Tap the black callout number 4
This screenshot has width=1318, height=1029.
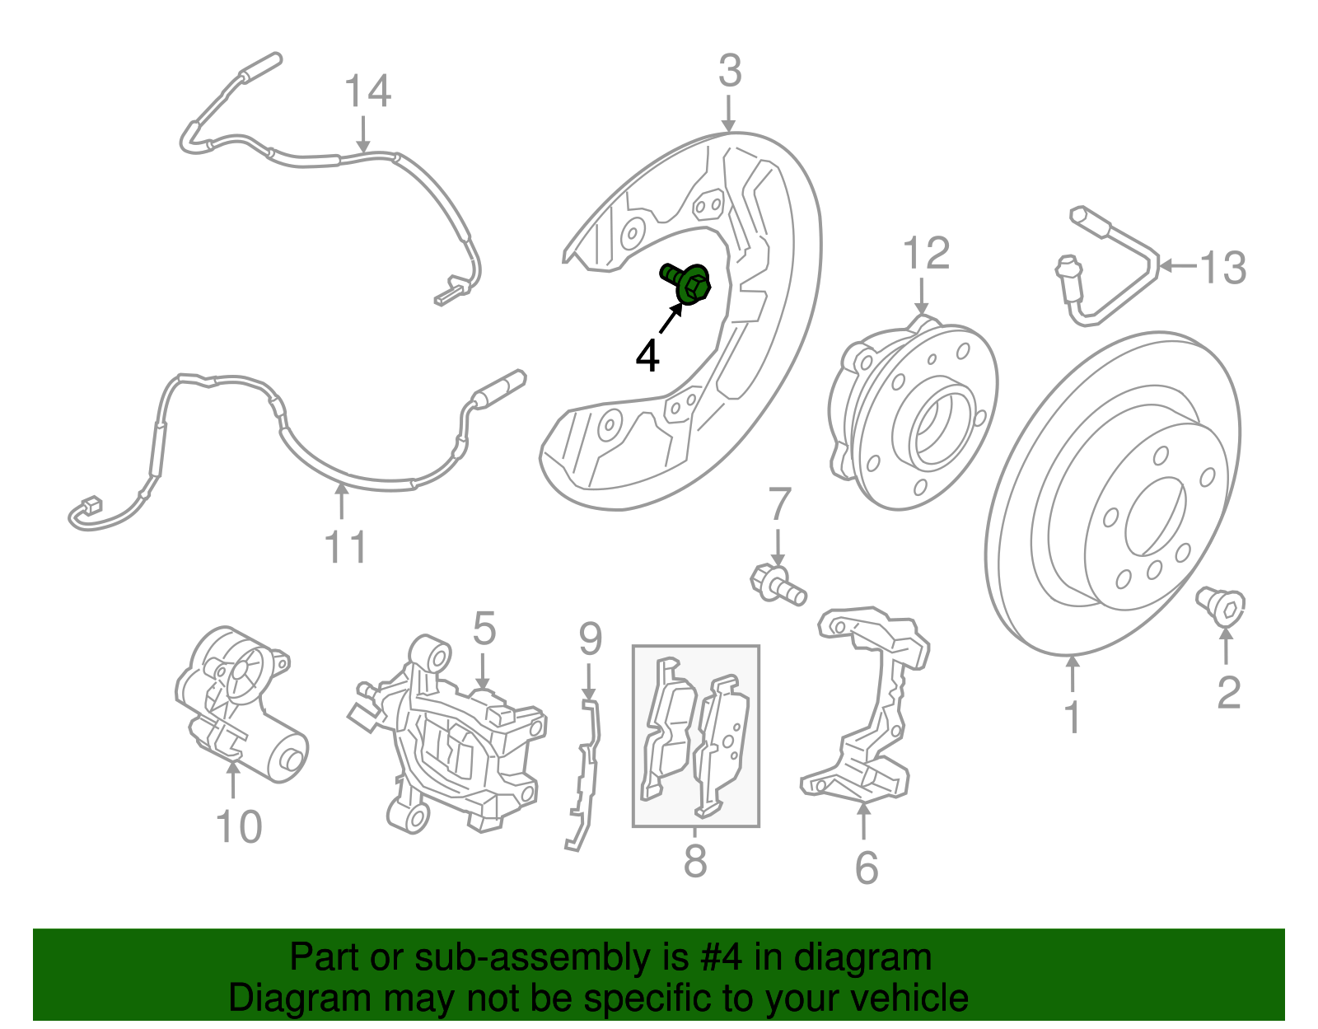click(648, 356)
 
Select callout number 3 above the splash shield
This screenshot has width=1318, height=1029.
click(730, 72)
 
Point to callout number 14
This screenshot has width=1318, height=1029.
click(367, 91)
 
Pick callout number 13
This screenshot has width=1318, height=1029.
click(1222, 268)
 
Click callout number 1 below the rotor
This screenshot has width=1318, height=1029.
click(1072, 717)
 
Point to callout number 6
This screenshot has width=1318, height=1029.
click(867, 867)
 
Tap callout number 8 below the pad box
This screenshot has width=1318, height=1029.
click(695, 861)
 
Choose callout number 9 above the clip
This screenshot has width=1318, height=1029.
click(590, 638)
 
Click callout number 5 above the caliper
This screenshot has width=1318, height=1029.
click(484, 629)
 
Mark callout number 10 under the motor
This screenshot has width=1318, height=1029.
click(239, 826)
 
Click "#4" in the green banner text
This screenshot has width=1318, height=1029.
click(720, 957)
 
